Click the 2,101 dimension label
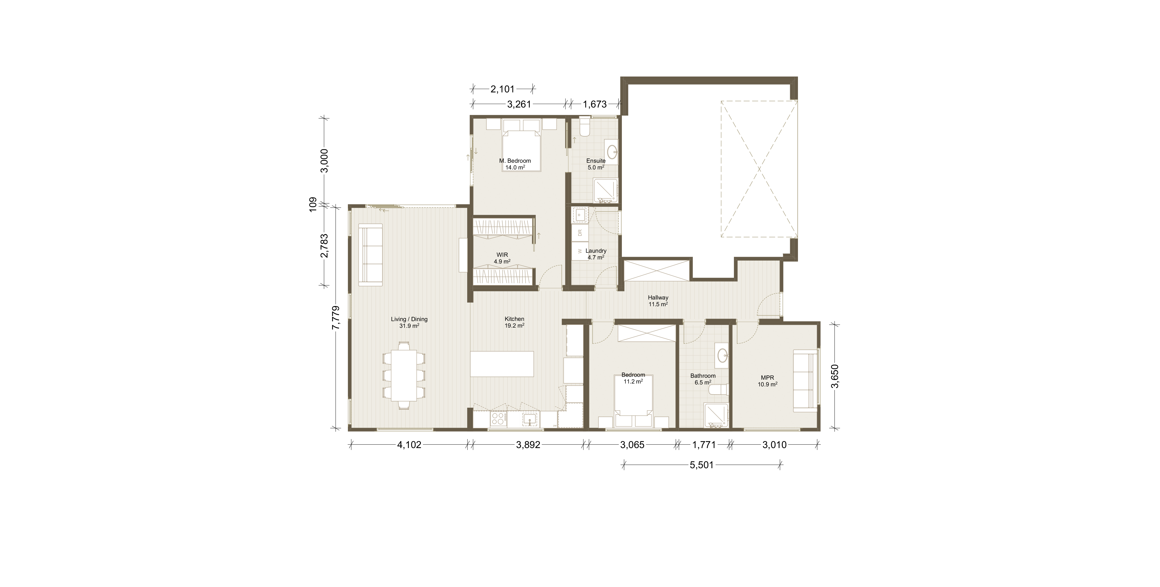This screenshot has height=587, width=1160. [x=503, y=89]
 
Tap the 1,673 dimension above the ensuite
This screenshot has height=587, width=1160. [x=595, y=104]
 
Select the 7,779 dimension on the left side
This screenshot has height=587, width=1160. [x=335, y=317]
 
